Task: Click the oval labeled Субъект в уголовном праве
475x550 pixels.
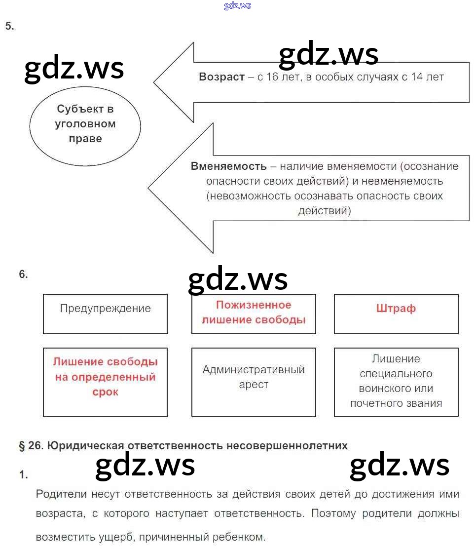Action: point(85,124)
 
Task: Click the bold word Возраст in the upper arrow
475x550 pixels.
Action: point(221,77)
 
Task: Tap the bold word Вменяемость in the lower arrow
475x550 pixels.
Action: point(228,166)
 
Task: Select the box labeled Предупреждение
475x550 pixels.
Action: point(105,314)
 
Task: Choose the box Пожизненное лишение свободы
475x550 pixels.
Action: point(254,314)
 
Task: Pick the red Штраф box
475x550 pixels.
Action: point(396,314)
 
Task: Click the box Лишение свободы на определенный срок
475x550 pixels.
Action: point(105,382)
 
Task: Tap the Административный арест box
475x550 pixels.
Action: point(254,382)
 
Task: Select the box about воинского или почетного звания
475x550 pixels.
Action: point(396,382)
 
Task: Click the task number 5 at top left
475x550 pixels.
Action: point(10,26)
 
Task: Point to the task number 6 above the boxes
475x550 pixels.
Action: point(24,275)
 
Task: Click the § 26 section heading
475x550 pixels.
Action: point(183,445)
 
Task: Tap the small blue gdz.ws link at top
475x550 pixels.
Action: point(237,5)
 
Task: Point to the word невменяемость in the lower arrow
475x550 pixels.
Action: point(401,181)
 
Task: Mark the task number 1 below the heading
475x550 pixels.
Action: point(24,475)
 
